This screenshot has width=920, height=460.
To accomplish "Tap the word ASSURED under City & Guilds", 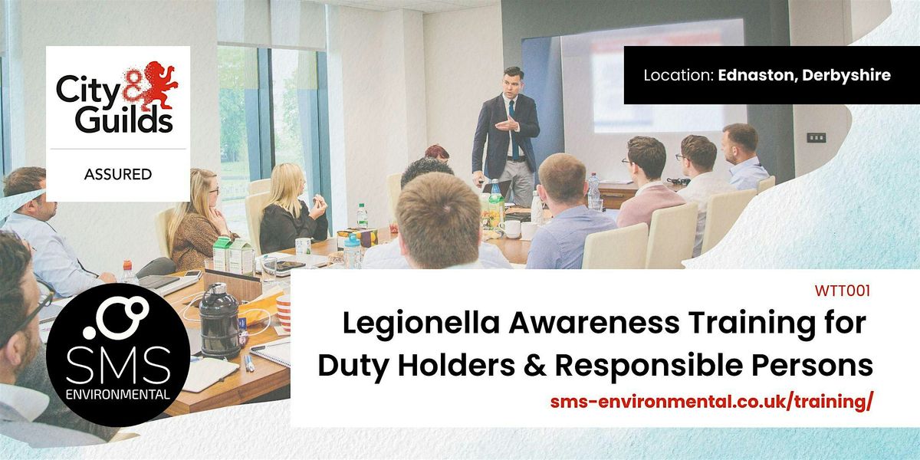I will point(117,175).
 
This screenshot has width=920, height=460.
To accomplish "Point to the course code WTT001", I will point(844,291).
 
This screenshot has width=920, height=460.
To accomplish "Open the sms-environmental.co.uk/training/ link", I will point(711,402).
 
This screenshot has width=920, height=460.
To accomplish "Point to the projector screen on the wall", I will point(652,84).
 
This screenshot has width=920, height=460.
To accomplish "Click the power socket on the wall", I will point(816,138).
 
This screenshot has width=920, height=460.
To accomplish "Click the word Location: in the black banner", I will point(678,75).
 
